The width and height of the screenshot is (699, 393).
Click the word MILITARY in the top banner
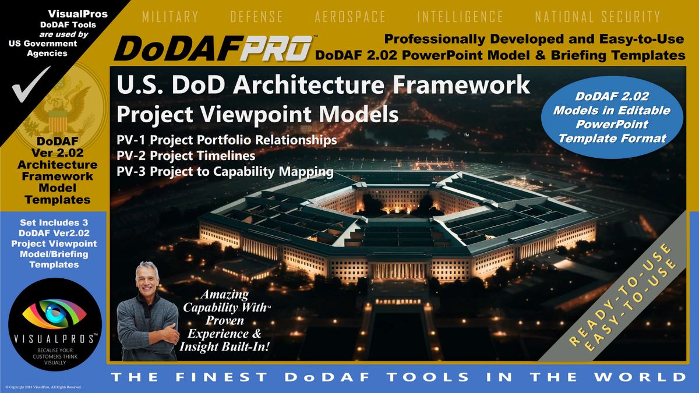170,16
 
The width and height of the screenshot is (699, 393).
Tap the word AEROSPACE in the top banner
350,16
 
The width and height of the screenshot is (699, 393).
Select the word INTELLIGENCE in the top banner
460,16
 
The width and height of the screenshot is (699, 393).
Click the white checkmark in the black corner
30,84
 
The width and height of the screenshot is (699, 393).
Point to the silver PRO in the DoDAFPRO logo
277,48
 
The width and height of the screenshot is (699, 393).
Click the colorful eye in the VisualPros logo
55,314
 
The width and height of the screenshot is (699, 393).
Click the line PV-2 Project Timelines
186,155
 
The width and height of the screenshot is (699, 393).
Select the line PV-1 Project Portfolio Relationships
227,140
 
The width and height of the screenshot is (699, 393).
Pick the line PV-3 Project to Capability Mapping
225,172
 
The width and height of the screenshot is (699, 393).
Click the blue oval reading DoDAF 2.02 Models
612,117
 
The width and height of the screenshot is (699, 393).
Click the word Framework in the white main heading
461,85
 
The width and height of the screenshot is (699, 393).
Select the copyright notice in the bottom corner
43,387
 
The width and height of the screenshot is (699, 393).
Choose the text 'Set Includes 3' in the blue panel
54,222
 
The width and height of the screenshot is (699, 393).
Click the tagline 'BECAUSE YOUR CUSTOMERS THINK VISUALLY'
55,356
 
